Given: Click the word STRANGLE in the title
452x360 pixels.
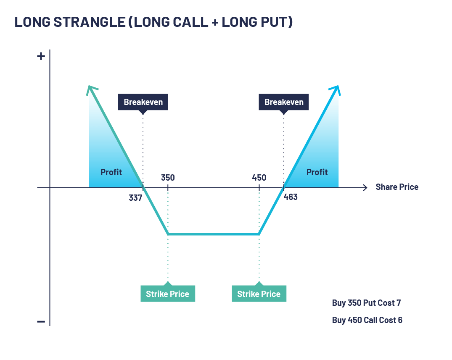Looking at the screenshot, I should tap(87, 22).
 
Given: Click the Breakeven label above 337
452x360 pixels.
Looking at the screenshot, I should tap(143, 102).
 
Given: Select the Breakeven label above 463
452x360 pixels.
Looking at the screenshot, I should tap(284, 102).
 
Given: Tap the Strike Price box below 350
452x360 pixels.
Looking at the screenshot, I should tap(168, 294).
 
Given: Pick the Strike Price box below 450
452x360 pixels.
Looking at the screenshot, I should tap(259, 294).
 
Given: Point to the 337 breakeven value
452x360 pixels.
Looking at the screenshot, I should tap(135, 197).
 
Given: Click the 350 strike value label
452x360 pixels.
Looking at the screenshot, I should tap(168, 177).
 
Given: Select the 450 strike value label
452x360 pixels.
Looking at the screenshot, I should tap(259, 177).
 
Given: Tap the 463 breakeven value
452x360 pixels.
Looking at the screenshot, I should tap(291, 197).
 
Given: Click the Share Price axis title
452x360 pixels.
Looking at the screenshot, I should tap(397, 187).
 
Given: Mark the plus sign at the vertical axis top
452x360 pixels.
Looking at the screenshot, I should tap(41, 56).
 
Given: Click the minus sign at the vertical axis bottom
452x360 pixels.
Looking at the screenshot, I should tap(41, 321).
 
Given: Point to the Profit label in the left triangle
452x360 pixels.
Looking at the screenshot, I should tap(111, 172).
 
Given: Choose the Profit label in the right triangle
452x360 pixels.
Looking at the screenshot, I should tap(317, 172).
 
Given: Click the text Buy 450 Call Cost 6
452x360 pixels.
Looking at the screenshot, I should tap(367, 320).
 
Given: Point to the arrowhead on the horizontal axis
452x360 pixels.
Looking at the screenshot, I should tap(365, 187).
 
